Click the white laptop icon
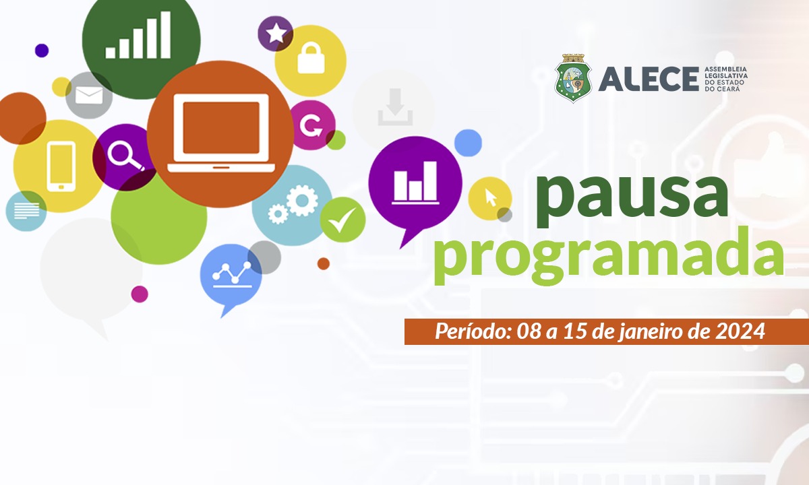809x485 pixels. (221, 133)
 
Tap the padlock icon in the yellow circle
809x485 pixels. (311, 58)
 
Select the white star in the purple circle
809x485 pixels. (276, 33)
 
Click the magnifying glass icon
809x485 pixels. (125, 156)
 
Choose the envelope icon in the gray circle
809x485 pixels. (89, 95)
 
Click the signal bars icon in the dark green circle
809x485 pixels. (138, 35)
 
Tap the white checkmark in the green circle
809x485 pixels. (342, 220)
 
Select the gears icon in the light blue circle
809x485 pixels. (293, 204)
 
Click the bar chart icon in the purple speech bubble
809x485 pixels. (415, 183)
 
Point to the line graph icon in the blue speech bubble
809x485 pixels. (232, 275)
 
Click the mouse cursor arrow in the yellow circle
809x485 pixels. (491, 198)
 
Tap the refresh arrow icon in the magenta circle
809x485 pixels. (311, 125)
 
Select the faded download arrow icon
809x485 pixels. (396, 107)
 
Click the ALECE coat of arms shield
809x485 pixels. (573, 78)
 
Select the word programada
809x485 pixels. (609, 256)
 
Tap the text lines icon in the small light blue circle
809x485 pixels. (26, 211)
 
